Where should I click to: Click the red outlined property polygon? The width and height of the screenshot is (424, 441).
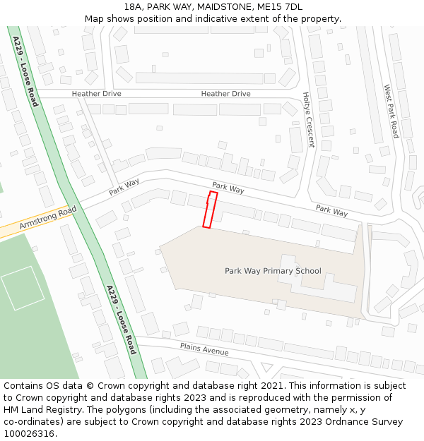pyautogui.click(x=209, y=210)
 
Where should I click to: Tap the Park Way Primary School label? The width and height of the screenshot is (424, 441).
pyautogui.click(x=273, y=271)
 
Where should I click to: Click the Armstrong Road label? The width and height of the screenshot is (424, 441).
pyautogui.click(x=47, y=218)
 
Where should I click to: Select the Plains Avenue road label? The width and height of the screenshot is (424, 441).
pyautogui.click(x=204, y=348)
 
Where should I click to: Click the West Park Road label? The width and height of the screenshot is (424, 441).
pyautogui.click(x=391, y=111)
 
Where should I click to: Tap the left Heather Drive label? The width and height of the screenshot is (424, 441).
pyautogui.click(x=96, y=94)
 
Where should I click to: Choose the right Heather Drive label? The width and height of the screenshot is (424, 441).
pyautogui.click(x=225, y=94)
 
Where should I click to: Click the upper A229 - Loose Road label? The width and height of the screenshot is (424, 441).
pyautogui.click(x=25, y=71)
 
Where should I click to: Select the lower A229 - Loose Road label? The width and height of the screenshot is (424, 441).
pyautogui.click(x=120, y=319)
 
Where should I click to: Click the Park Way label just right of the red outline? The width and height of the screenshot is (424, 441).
pyautogui.click(x=228, y=188)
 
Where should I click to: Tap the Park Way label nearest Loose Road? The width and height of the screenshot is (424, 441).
pyautogui.click(x=124, y=187)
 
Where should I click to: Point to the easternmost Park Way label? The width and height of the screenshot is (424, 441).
pyautogui.click(x=331, y=210)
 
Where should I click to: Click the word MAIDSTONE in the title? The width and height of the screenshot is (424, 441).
pyautogui.click(x=224, y=7)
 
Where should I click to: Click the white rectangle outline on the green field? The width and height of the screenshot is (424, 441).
pyautogui.click(x=23, y=288)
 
